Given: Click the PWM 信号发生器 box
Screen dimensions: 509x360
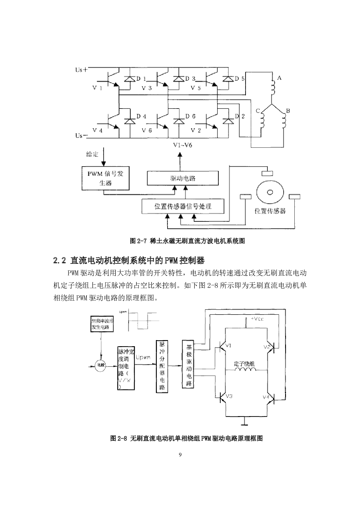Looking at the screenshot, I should pyautogui.click(x=105, y=178).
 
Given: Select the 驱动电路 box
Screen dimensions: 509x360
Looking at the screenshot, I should pyautogui.click(x=183, y=178).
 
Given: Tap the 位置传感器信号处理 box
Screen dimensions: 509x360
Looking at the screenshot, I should pyautogui.click(x=183, y=206).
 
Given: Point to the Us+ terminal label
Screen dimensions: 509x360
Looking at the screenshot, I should pyautogui.click(x=81, y=70).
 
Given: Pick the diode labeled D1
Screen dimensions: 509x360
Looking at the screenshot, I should pyautogui.click(x=130, y=79).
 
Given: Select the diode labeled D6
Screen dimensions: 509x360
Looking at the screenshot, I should pyautogui.click(x=179, y=122).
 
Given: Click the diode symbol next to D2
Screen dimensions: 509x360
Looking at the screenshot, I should pyautogui.click(x=228, y=122).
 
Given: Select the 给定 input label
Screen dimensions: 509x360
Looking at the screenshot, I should pyautogui.click(x=92, y=154).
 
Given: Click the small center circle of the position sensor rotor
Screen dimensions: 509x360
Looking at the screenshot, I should pyautogui.click(x=270, y=192).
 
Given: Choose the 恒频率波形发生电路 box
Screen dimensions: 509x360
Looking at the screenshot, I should pyautogui.click(x=102, y=324).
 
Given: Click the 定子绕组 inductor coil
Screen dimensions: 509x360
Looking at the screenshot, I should pyautogui.click(x=245, y=370).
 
